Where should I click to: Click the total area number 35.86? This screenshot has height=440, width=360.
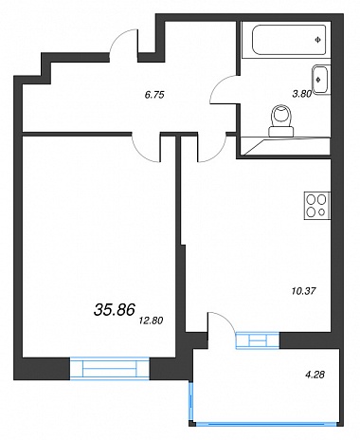point(115,310)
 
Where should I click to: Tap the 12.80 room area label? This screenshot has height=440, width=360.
point(151,321)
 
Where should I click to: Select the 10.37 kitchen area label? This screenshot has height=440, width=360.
point(304,291)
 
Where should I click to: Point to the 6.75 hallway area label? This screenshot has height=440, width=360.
point(154,95)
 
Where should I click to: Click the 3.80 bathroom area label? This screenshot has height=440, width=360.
point(302,94)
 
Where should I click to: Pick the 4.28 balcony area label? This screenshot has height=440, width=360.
point(315,376)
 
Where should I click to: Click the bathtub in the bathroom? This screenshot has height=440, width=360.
point(289,40)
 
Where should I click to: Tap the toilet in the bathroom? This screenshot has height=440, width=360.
point(281,121)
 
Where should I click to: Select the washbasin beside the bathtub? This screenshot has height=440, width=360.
point(321,80)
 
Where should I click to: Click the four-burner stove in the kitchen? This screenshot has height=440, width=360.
point(317,206)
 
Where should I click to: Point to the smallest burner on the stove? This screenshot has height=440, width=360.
point(322,212)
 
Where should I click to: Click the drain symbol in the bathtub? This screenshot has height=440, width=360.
point(317,40)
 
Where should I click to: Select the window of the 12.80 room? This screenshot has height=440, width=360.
point(110,368)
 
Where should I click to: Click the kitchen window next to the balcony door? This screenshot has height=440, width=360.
point(258,340)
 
